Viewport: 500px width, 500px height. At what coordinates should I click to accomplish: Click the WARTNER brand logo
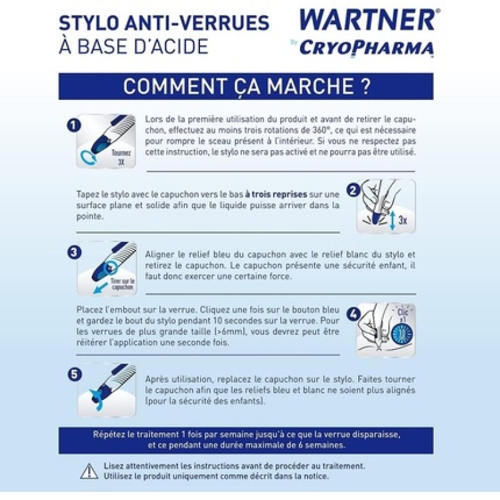tap(367, 19)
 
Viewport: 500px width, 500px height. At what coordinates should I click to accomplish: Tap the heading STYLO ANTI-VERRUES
tap(164, 23)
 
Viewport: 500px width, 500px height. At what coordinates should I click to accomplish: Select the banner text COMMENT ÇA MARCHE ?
tap(246, 86)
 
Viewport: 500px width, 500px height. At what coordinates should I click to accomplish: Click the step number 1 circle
tap(74, 126)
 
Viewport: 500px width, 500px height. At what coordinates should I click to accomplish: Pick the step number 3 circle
tap(74, 252)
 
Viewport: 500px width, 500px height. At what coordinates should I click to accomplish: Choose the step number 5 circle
tap(74, 374)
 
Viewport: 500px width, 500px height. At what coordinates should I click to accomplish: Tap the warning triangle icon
tap(89, 470)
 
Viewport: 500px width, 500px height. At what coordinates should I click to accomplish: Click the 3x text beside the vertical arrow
tap(403, 221)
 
